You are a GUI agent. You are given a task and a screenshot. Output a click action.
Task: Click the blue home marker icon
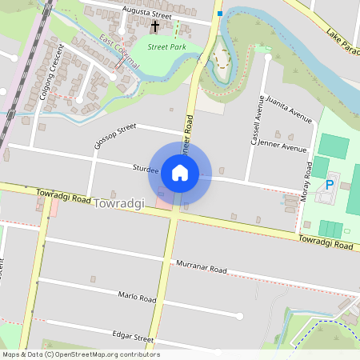point(180,172)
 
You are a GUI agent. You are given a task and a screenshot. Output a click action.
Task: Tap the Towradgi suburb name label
point(118,204)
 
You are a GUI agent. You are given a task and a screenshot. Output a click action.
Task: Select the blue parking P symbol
point(329,186)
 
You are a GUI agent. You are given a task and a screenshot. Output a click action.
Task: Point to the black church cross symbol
point(155,27)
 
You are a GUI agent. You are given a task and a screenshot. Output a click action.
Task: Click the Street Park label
point(166,48)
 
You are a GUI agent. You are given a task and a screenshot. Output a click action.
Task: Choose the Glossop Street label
point(115,130)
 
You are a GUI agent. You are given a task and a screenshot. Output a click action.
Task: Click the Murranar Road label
point(202,266)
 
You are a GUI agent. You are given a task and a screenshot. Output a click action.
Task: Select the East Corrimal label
point(118,52)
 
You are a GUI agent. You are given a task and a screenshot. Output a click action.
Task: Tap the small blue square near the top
point(219,14)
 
